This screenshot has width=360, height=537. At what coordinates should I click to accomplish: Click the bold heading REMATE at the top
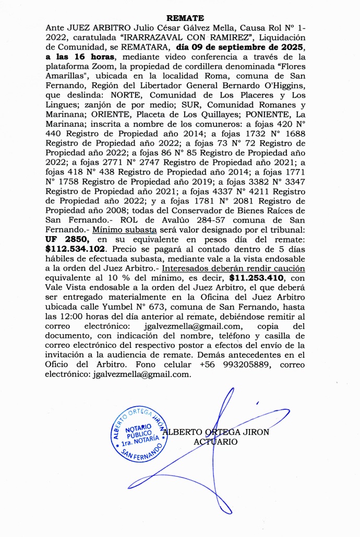click(x=179, y=18)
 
